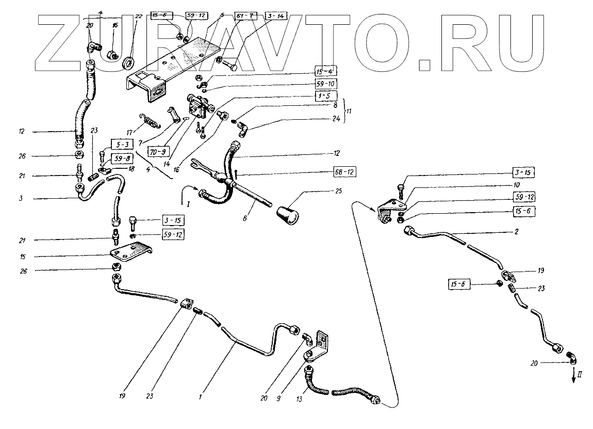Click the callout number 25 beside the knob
coord(324,192)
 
